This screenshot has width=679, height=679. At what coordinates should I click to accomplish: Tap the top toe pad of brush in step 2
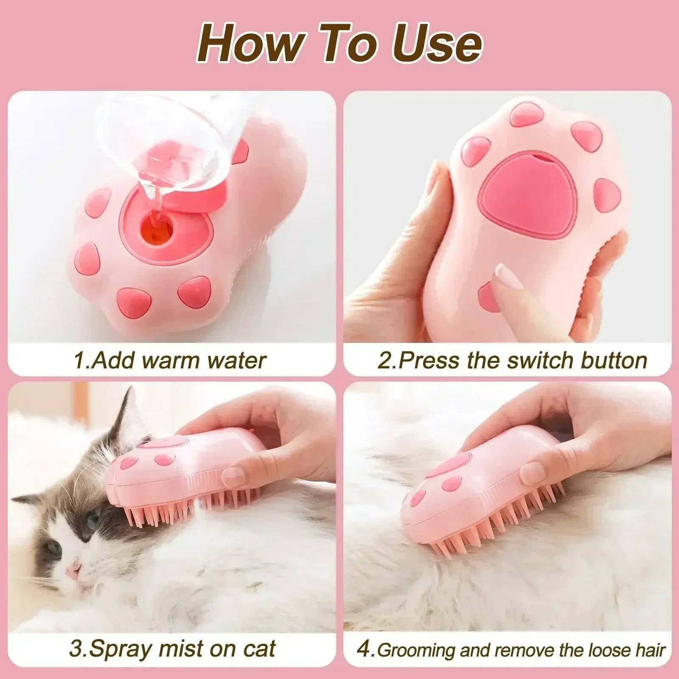tap(527, 114)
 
